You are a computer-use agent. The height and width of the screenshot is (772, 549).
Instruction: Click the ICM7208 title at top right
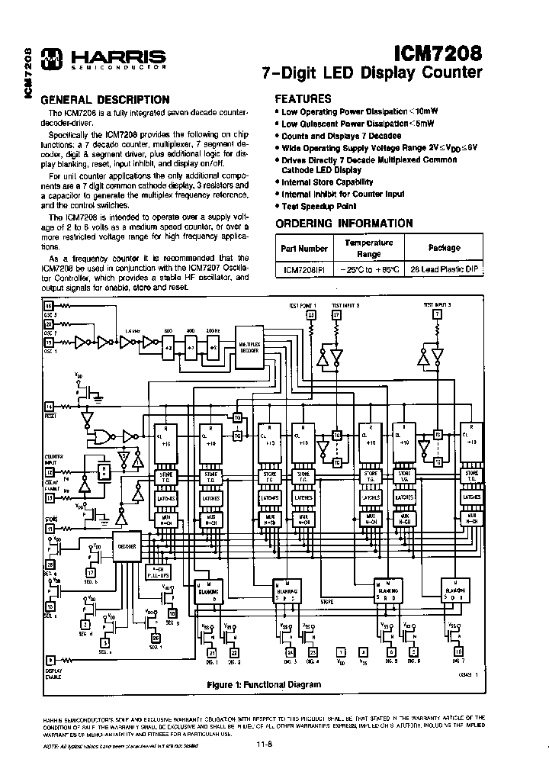(438, 54)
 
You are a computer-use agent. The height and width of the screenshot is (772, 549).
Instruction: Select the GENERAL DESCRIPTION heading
(104, 99)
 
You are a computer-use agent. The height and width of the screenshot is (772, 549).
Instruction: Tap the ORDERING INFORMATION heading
(344, 224)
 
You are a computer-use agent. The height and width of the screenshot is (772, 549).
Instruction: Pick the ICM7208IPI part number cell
(303, 270)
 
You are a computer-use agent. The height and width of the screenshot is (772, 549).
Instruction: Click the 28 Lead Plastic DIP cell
(445, 270)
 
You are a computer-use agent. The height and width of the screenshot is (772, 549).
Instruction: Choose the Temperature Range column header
(368, 248)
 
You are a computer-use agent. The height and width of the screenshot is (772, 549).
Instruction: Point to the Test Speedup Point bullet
(320, 206)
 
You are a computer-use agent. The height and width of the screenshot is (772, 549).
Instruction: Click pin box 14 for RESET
(50, 406)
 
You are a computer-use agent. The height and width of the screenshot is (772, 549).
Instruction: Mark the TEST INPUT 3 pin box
(437, 314)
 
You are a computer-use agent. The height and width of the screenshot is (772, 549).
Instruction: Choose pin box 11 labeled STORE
(50, 527)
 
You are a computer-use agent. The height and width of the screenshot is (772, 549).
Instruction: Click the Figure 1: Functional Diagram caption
(264, 684)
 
